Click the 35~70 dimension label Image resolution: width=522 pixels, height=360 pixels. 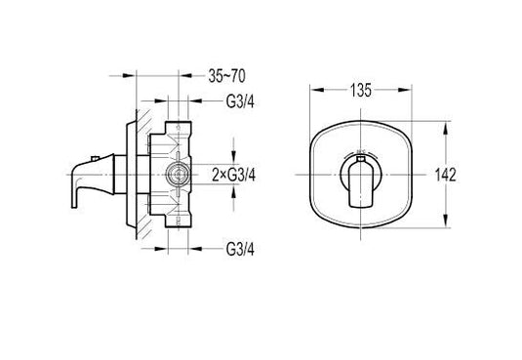click(x=226, y=76)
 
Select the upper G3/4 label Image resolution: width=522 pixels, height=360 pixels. click(x=240, y=101)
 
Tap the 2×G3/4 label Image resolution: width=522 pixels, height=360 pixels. click(x=234, y=175)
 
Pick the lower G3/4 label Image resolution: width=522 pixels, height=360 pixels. click(x=240, y=249)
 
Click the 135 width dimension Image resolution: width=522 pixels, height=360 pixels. click(x=361, y=91)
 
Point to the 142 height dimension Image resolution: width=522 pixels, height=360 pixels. click(x=446, y=175)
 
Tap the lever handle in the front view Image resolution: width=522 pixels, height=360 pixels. click(x=361, y=184)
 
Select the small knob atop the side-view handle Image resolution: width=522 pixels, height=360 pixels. click(x=96, y=158)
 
